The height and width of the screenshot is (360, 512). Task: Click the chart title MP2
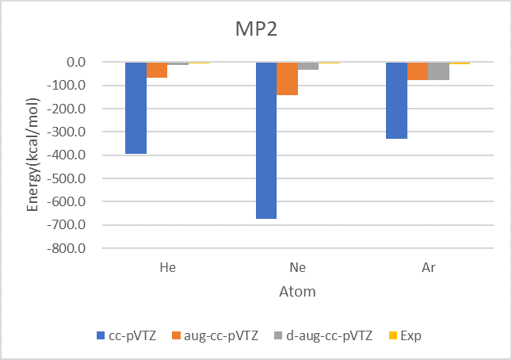(256, 29)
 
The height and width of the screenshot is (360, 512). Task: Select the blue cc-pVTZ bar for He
(136, 108)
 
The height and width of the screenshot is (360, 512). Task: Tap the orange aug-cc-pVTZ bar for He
(157, 70)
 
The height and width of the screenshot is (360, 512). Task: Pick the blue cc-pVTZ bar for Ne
(266, 140)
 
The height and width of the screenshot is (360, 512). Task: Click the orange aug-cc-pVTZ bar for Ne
(287, 79)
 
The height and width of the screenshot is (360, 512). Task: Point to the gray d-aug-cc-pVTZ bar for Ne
(308, 66)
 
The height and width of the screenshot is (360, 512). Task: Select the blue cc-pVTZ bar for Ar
(396, 100)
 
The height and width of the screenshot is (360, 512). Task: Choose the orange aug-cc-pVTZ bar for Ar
(418, 71)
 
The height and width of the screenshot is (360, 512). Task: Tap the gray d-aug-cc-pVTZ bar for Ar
(438, 71)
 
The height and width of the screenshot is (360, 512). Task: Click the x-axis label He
(168, 267)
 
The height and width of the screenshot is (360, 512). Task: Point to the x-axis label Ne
(298, 267)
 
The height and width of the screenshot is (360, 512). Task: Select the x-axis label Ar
(429, 267)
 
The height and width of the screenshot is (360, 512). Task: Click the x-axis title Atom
(297, 291)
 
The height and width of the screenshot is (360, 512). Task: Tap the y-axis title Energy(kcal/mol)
(32, 155)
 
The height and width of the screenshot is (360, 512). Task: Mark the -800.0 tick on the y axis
(67, 249)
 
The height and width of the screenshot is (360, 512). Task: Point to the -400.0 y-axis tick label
(67, 155)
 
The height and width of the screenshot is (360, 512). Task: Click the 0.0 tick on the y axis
(76, 62)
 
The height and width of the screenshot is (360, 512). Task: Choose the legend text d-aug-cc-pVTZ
(329, 336)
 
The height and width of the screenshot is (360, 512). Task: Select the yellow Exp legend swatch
(393, 335)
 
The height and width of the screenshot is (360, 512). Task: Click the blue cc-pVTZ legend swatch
(101, 335)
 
